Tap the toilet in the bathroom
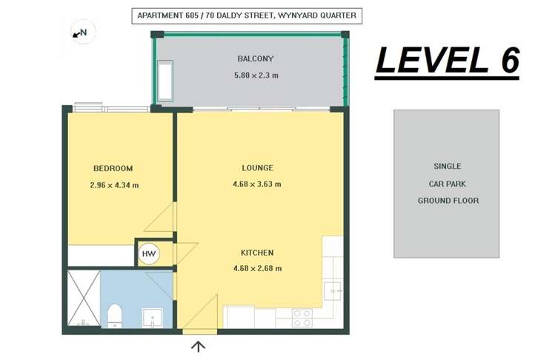[x=115, y=316]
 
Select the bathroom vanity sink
[x=153, y=318]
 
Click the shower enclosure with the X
[x=84, y=298]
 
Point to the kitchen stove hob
[x=302, y=318]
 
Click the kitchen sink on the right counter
[x=333, y=291]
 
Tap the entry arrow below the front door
[x=199, y=346]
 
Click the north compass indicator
[x=83, y=32]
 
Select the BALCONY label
[x=256, y=59]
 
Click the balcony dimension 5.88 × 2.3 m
[x=256, y=75]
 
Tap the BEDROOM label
[x=113, y=168]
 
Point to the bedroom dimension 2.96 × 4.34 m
[x=114, y=184]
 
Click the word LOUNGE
[x=257, y=167]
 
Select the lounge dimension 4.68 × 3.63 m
[x=257, y=184]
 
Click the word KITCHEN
[x=257, y=253]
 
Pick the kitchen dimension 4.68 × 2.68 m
[x=257, y=268]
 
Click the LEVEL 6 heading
[x=448, y=60]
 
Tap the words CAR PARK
[x=448, y=184]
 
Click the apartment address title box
[x=247, y=16]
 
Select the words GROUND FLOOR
[x=448, y=200]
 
